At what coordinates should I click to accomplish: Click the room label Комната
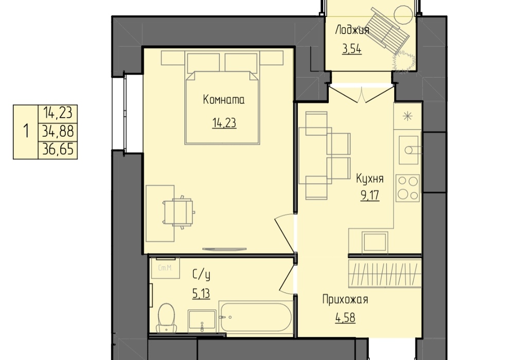[224, 100]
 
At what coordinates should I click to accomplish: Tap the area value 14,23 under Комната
[224, 123]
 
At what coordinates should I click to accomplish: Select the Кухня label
[370, 179]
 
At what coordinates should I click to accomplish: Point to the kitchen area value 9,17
[370, 195]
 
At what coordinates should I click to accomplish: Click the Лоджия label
[352, 30]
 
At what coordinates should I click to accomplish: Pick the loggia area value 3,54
[352, 49]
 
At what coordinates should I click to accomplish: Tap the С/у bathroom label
[201, 275]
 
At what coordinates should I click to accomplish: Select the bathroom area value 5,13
[201, 294]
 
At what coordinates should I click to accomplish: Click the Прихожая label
[345, 300]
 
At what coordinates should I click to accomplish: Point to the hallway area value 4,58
[345, 318]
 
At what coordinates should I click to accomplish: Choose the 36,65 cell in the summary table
[58, 150]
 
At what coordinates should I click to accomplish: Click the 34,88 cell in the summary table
[58, 132]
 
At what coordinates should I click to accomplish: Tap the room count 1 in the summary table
[26, 131]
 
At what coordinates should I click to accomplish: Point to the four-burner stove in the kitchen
[408, 188]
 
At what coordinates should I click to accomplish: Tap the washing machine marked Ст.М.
[165, 268]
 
